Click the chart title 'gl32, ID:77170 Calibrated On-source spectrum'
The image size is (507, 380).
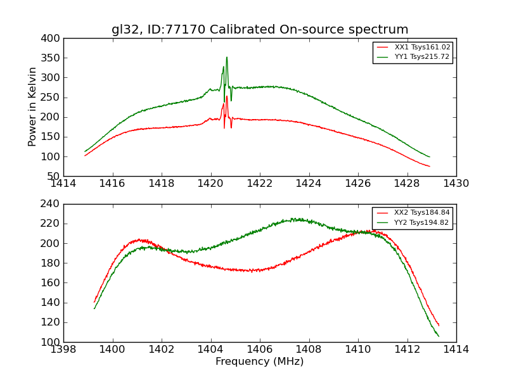[x=260, y=30]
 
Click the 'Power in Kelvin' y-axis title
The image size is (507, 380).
[x=33, y=107]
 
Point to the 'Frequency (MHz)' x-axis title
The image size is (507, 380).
[x=260, y=362]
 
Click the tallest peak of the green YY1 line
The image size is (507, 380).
[x=226, y=58]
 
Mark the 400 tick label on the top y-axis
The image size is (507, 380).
[x=53, y=39]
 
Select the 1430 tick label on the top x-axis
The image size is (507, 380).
[x=456, y=184]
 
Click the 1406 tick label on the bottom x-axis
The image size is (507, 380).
[x=260, y=350]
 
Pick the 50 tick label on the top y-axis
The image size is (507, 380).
[x=55, y=176]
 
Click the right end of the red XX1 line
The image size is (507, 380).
[x=430, y=167]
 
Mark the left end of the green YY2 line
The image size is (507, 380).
[x=94, y=308]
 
